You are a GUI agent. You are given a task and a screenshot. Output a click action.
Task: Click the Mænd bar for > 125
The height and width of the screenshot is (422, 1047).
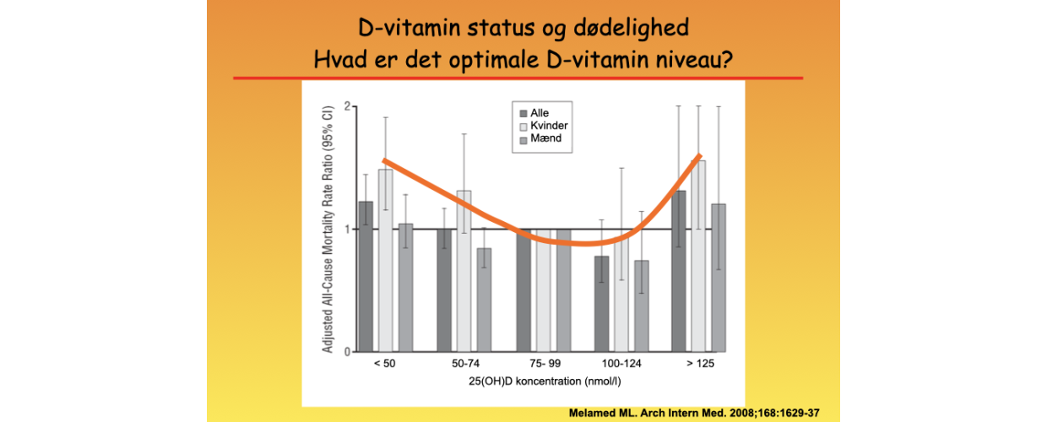(719, 278)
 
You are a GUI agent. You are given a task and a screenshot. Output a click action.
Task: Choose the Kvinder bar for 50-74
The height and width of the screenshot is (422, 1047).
(464, 270)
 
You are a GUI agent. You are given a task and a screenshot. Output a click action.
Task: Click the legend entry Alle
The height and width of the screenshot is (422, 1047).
(538, 113)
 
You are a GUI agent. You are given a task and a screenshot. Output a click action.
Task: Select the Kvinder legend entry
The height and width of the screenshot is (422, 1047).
(542, 126)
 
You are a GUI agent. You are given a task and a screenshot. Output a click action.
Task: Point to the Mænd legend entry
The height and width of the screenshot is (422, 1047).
(539, 138)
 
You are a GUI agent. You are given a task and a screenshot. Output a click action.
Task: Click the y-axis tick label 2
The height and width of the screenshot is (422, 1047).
(346, 107)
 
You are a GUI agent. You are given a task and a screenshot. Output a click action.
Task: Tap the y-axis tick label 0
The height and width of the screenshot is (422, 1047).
(346, 351)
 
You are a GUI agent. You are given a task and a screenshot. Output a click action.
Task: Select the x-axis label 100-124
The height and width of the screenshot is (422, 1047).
(621, 365)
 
